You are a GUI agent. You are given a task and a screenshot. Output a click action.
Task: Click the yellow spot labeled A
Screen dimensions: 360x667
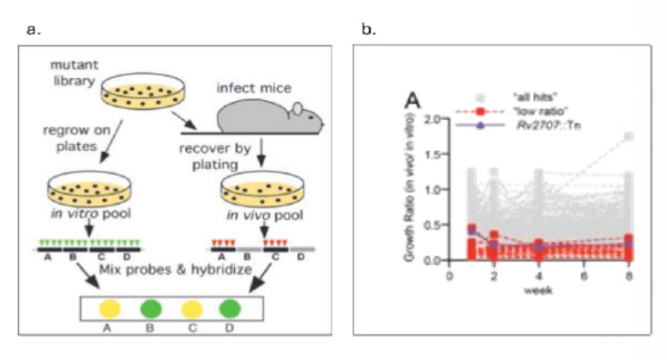[x=109, y=307]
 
